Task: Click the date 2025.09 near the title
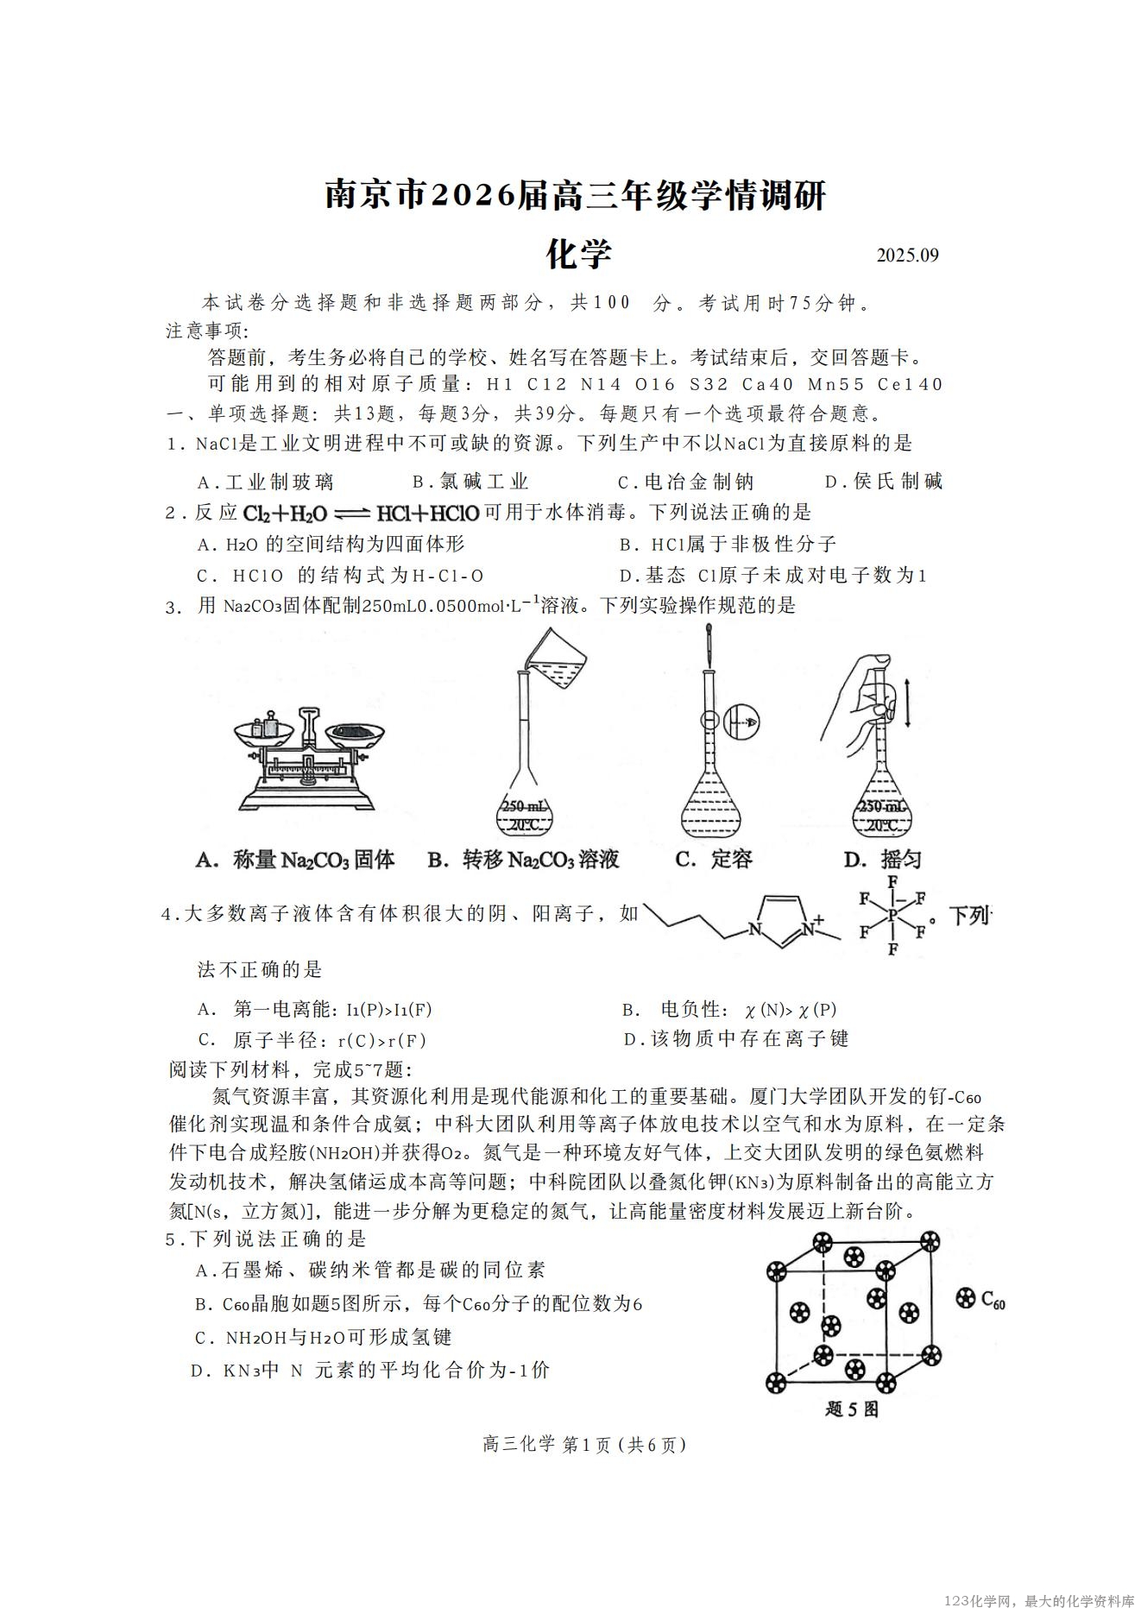907,255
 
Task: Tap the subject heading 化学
579,254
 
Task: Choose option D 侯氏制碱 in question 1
884,482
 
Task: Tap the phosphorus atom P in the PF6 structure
892,915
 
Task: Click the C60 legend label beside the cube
981,1299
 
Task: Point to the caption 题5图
851,1409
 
